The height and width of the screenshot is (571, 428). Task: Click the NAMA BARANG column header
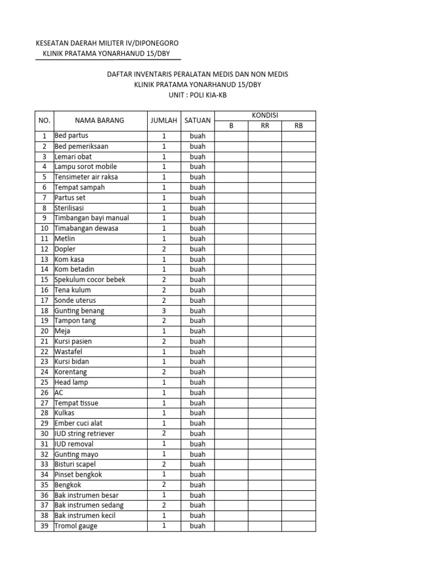[x=100, y=120]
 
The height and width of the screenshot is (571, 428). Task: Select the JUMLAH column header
[x=164, y=120]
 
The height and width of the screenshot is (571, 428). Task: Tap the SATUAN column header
[x=197, y=120]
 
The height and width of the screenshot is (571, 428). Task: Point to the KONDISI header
[x=265, y=115]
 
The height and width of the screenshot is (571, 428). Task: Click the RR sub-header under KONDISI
[x=265, y=125]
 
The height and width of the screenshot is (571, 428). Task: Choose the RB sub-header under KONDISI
[x=299, y=125]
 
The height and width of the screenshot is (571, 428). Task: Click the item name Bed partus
[x=71, y=136]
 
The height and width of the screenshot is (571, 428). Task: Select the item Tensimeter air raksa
[x=86, y=177]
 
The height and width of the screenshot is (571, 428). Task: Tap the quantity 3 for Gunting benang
[x=164, y=311]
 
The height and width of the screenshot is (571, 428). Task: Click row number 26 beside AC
[x=44, y=393]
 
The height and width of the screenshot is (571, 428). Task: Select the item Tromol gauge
[x=76, y=526]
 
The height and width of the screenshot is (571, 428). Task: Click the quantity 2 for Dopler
[x=164, y=249]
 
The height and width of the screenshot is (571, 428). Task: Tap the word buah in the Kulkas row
[x=197, y=413]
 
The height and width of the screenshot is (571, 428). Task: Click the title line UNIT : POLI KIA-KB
[x=197, y=95]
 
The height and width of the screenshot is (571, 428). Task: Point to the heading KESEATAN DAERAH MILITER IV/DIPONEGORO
[x=107, y=43]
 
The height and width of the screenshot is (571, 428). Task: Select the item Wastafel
[x=69, y=351]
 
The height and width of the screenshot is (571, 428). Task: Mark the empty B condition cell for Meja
[x=231, y=331]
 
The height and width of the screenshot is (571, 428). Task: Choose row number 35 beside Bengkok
[x=44, y=485]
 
